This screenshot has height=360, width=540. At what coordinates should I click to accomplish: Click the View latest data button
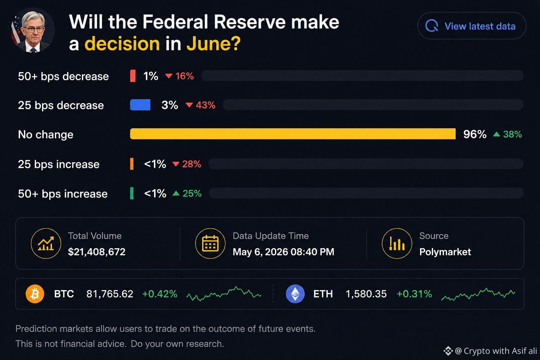pos(472,26)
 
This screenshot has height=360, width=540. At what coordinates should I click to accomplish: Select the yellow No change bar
pos(292,134)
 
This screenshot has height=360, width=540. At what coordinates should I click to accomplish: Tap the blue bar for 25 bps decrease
pos(140,105)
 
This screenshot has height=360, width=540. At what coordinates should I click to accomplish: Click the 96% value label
pos(475,134)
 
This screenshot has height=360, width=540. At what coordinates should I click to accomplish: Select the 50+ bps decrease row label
pos(63,76)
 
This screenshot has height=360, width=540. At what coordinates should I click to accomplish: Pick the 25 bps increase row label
pos(59,164)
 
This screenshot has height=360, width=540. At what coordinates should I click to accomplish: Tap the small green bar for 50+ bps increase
pos(131,193)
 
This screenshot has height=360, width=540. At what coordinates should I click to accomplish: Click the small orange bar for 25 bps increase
pos(131,164)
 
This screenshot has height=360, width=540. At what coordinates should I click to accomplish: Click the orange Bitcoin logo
pos(35,294)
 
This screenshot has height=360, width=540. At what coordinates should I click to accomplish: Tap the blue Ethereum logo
pos(295,294)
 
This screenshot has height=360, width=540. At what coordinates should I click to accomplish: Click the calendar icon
pos(210,244)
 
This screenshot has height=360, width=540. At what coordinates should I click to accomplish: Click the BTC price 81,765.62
pos(110,294)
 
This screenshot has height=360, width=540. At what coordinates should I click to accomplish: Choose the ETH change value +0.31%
pos(414,294)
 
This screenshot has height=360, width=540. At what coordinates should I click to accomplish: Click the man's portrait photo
pos(33,30)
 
